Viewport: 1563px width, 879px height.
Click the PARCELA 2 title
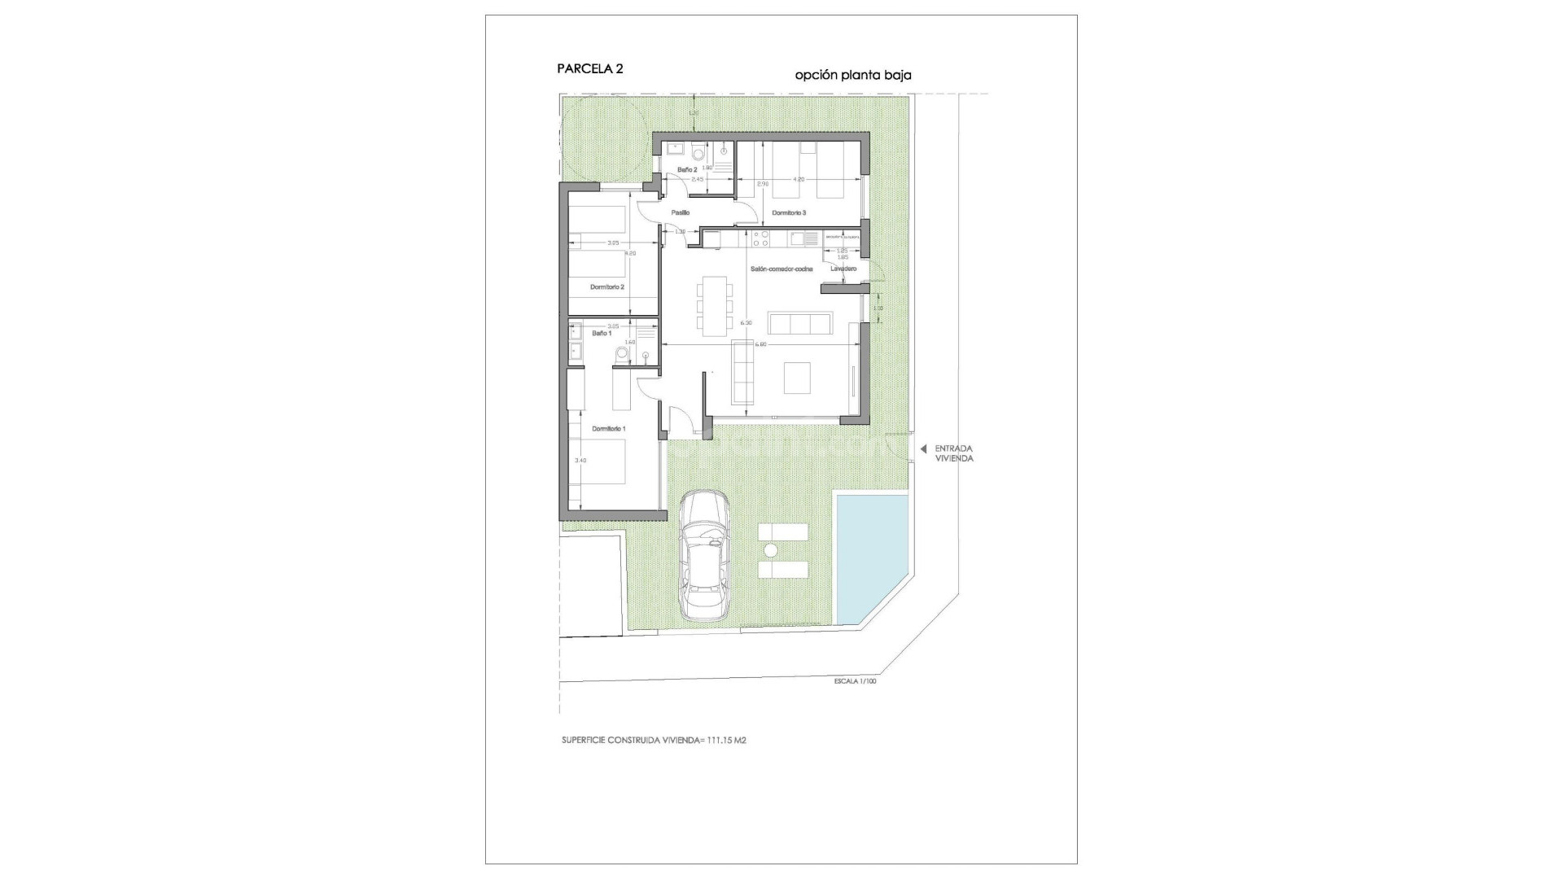(x=590, y=69)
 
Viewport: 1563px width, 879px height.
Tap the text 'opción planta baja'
(x=852, y=75)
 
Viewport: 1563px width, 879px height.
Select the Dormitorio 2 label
(x=607, y=286)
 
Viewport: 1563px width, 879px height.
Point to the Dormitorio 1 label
(x=608, y=428)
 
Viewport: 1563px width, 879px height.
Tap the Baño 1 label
(x=601, y=333)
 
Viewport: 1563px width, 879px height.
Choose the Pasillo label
(x=681, y=212)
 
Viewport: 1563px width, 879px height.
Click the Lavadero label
(x=843, y=268)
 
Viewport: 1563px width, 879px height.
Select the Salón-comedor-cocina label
(x=781, y=268)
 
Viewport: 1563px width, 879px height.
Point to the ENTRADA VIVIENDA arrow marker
(x=923, y=448)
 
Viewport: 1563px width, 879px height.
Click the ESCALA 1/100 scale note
(x=855, y=681)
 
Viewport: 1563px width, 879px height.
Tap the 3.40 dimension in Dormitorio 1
(x=580, y=461)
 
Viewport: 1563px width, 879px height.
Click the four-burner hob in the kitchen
(x=762, y=238)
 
